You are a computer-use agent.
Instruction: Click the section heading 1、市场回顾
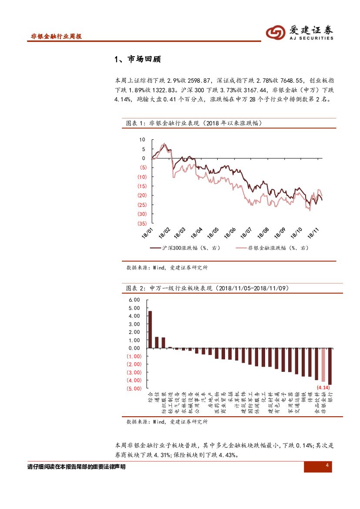(x=137, y=59)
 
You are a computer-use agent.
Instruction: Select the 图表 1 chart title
(x=194, y=123)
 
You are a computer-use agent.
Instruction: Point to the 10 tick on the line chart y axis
(x=142, y=140)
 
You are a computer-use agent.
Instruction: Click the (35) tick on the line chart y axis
(x=141, y=223)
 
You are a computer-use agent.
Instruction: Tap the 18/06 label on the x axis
(x=229, y=232)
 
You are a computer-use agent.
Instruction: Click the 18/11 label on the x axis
(x=313, y=232)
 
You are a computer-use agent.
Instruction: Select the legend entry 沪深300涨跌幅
(x=185, y=248)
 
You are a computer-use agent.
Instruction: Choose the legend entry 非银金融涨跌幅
(x=272, y=248)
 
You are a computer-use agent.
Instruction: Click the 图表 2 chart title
(x=206, y=288)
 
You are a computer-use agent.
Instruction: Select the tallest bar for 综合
(x=150, y=329)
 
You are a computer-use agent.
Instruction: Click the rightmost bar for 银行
(x=330, y=366)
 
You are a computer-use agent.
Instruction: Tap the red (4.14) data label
(x=323, y=387)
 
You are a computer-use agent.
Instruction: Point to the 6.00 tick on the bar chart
(x=134, y=300)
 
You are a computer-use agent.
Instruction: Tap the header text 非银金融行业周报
(x=57, y=37)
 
